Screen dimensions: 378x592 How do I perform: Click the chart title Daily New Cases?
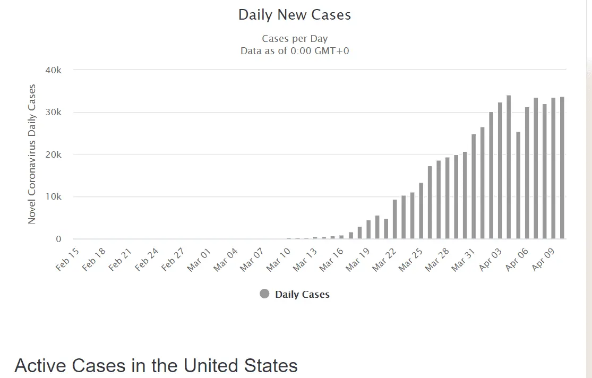click(295, 15)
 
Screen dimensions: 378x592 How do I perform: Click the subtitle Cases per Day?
click(295, 39)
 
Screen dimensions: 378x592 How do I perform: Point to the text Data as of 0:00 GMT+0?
click(295, 51)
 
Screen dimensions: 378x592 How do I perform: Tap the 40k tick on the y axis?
click(54, 70)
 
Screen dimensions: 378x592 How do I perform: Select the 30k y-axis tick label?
click(54, 113)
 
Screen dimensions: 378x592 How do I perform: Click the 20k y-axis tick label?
click(54, 154)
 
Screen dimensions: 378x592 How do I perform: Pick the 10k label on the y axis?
click(54, 197)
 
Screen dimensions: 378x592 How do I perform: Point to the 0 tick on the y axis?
click(59, 239)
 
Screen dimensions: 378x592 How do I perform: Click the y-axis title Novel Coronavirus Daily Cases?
click(32, 154)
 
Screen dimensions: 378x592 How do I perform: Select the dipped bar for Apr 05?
click(518, 185)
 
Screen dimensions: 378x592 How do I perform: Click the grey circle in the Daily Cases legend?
click(264, 294)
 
